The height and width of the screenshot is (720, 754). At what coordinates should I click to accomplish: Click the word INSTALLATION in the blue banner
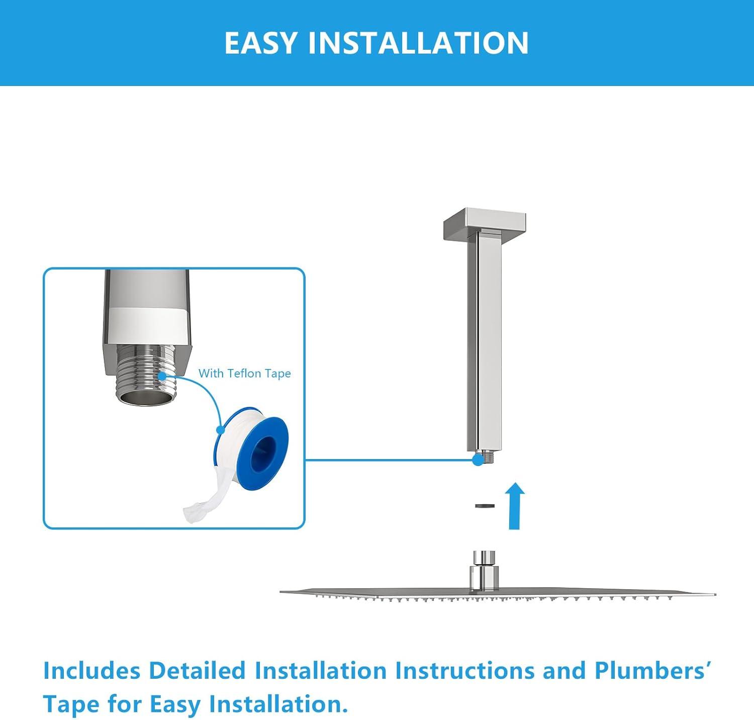418,43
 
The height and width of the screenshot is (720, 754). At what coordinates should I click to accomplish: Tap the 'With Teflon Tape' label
244,374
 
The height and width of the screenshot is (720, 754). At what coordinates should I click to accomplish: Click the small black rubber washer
485,506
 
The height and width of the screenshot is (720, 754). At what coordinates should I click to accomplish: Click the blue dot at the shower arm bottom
478,460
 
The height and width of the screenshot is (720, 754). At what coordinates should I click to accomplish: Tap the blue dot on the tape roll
220,430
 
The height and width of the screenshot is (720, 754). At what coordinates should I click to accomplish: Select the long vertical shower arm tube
484,342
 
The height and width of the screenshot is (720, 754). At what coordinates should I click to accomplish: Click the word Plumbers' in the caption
652,671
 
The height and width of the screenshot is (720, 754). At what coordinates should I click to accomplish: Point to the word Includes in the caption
91,671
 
